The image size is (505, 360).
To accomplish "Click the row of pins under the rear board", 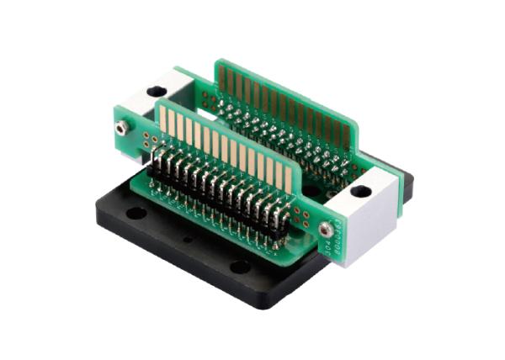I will tap(278, 139).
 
